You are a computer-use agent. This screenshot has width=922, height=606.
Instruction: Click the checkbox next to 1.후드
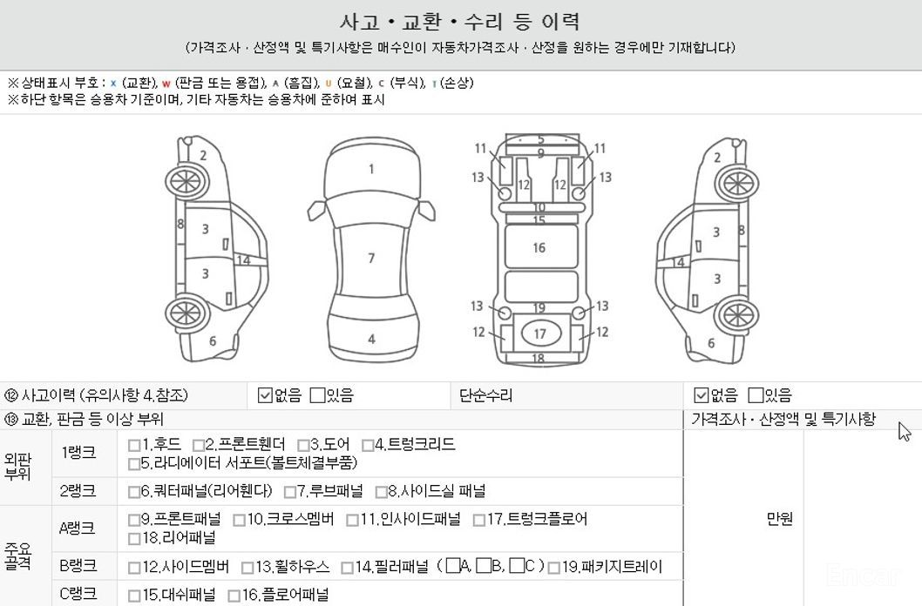pyautogui.click(x=134, y=445)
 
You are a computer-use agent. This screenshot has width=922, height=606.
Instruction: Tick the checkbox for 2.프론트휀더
pyautogui.click(x=199, y=445)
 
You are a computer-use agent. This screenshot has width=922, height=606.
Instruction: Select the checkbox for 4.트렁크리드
pyautogui.click(x=368, y=445)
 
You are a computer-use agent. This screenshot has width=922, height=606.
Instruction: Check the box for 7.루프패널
pyautogui.click(x=290, y=491)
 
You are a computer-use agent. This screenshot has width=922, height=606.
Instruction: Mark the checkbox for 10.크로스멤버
pyautogui.click(x=240, y=521)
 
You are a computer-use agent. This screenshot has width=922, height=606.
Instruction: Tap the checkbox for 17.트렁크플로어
pyautogui.click(x=479, y=521)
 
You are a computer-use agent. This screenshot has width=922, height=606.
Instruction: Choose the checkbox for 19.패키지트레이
pyautogui.click(x=554, y=568)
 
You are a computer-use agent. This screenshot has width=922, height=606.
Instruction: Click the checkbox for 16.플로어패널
pyautogui.click(x=234, y=596)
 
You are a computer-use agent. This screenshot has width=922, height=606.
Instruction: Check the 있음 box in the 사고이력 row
pyautogui.click(x=317, y=395)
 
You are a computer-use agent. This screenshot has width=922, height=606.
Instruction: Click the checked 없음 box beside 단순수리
pyautogui.click(x=701, y=395)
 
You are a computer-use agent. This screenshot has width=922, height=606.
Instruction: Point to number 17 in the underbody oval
pyautogui.click(x=539, y=334)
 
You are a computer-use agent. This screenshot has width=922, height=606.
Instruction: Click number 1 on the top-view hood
pyautogui.click(x=371, y=169)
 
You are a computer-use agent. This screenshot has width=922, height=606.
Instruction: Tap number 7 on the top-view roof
pyautogui.click(x=371, y=258)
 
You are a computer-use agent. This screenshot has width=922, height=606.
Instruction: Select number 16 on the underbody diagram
pyautogui.click(x=539, y=248)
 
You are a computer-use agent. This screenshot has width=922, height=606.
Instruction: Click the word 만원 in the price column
pyautogui.click(x=780, y=519)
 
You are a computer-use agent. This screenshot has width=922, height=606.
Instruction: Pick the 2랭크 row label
pyautogui.click(x=78, y=490)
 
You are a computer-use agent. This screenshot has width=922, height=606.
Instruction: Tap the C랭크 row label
pyautogui.click(x=78, y=594)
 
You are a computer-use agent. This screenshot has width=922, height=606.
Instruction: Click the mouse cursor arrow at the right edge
pyautogui.click(x=905, y=431)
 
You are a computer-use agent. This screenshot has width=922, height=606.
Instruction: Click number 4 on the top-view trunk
pyautogui.click(x=371, y=339)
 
